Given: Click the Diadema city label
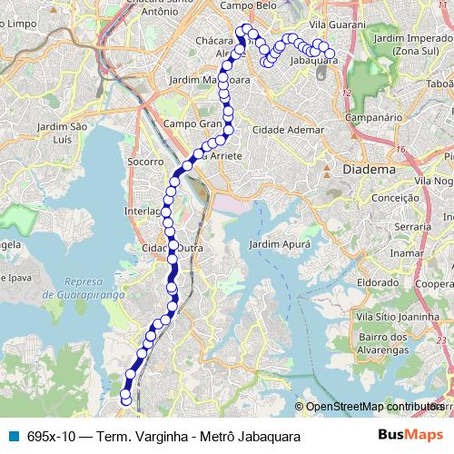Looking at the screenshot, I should click(370, 170).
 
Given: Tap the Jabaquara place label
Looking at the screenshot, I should click(313, 61).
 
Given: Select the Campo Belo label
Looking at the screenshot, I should click(248, 5).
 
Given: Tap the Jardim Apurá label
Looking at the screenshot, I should click(280, 244).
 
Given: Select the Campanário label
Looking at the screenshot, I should click(373, 117).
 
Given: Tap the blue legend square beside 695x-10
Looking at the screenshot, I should click(13, 436).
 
